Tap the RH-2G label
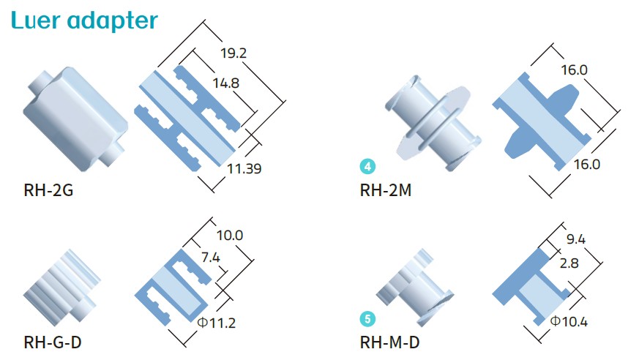tap(48, 192)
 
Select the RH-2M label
tap(385, 192)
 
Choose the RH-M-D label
tap(391, 342)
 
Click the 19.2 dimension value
tap(234, 53)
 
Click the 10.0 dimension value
tap(230, 235)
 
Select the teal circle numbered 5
tap(367, 319)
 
